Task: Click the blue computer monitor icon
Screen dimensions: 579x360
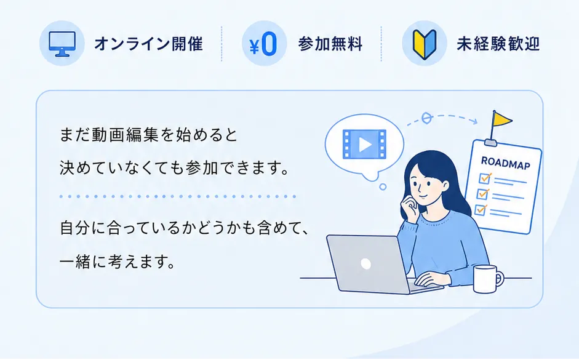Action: tap(62, 44)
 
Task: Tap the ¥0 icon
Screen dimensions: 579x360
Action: tap(263, 44)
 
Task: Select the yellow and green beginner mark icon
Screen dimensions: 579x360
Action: tap(425, 44)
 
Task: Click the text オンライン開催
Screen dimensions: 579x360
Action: tap(148, 44)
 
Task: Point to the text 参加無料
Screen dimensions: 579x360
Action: tap(330, 44)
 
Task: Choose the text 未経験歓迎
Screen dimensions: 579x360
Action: tap(498, 44)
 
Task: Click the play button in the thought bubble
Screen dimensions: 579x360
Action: tap(364, 145)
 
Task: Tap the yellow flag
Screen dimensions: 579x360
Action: tap(502, 119)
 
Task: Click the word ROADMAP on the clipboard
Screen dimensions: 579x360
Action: tap(506, 163)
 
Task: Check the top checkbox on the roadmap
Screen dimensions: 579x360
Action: tap(484, 178)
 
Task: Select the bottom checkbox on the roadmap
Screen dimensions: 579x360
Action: tap(481, 209)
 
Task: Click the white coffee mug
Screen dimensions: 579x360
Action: tap(487, 279)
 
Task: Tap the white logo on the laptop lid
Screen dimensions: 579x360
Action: tap(365, 264)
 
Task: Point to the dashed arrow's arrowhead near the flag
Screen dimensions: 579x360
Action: tap(474, 121)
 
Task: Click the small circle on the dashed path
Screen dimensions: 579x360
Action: tap(427, 118)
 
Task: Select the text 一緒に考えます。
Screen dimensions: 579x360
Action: tap(118, 262)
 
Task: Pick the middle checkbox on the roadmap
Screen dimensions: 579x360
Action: tap(482, 194)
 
